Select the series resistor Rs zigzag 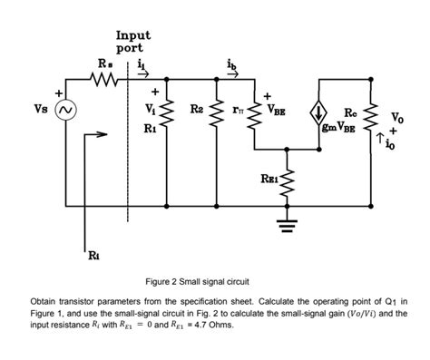[105, 82]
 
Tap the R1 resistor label [151, 128]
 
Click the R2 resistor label [196, 110]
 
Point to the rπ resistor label [239, 109]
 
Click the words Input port [130, 42]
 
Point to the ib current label [259, 66]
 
